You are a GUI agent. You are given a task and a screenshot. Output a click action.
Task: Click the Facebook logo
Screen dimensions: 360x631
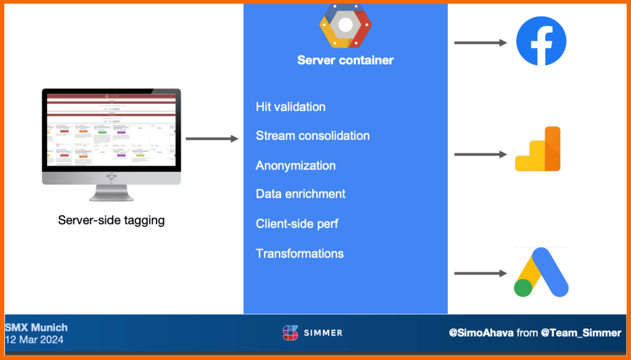click(541, 41)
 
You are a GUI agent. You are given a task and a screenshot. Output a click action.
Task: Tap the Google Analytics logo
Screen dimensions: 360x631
click(538, 149)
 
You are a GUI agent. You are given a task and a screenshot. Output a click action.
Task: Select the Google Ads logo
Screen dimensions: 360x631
click(541, 272)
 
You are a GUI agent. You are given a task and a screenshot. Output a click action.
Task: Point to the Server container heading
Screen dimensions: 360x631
click(345, 60)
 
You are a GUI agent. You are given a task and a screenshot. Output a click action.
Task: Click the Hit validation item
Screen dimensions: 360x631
click(290, 106)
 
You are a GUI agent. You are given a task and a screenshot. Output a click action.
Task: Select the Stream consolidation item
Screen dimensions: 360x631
click(313, 136)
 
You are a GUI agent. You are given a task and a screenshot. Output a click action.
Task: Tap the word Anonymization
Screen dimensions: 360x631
click(295, 165)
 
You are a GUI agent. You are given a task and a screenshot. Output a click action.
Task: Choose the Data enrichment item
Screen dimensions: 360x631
click(300, 194)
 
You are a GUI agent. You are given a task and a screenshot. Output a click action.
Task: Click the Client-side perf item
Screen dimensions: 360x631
click(297, 223)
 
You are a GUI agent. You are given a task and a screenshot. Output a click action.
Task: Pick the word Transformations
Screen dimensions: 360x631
click(299, 253)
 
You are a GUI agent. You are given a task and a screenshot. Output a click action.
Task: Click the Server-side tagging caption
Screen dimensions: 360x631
click(111, 220)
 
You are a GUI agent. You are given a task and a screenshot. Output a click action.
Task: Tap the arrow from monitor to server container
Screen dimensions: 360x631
click(211, 139)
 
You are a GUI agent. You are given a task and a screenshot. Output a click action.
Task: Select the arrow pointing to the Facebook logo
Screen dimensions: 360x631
click(480, 42)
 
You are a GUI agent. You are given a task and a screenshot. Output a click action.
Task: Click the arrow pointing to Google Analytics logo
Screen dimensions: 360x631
click(480, 154)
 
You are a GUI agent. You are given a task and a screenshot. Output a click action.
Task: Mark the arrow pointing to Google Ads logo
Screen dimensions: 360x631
click(480, 274)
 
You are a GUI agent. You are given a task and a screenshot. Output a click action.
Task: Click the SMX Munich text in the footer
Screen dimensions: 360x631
click(36, 328)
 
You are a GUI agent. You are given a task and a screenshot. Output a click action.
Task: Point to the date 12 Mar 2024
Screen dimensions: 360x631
click(34, 340)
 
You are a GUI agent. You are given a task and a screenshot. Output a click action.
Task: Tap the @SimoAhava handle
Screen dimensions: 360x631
click(481, 333)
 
